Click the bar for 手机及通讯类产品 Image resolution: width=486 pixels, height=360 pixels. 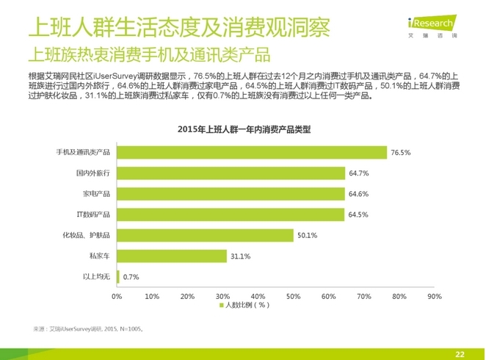click(x=251, y=153)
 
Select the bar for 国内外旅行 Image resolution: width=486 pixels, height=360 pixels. click(x=231, y=173)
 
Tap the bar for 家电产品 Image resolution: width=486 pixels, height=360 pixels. click(x=231, y=194)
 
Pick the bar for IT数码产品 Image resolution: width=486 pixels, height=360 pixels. click(x=230, y=215)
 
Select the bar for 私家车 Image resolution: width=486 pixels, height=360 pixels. click(x=171, y=256)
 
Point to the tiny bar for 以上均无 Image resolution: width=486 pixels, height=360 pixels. click(x=117, y=276)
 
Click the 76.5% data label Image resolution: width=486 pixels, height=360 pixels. click(x=400, y=153)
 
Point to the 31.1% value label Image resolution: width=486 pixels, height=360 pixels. click(x=240, y=256)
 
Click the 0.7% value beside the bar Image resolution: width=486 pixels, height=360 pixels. click(x=131, y=276)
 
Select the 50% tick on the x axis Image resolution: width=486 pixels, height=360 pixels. click(x=293, y=296)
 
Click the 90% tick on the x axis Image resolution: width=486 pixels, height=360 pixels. click(x=434, y=296)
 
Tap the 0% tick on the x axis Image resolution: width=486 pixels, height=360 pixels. click(x=116, y=296)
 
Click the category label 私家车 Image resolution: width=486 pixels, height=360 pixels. click(x=99, y=256)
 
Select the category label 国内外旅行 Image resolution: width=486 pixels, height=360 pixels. click(x=93, y=173)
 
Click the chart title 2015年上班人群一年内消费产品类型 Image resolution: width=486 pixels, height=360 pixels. click(x=244, y=130)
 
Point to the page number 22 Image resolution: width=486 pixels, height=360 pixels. click(x=460, y=353)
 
